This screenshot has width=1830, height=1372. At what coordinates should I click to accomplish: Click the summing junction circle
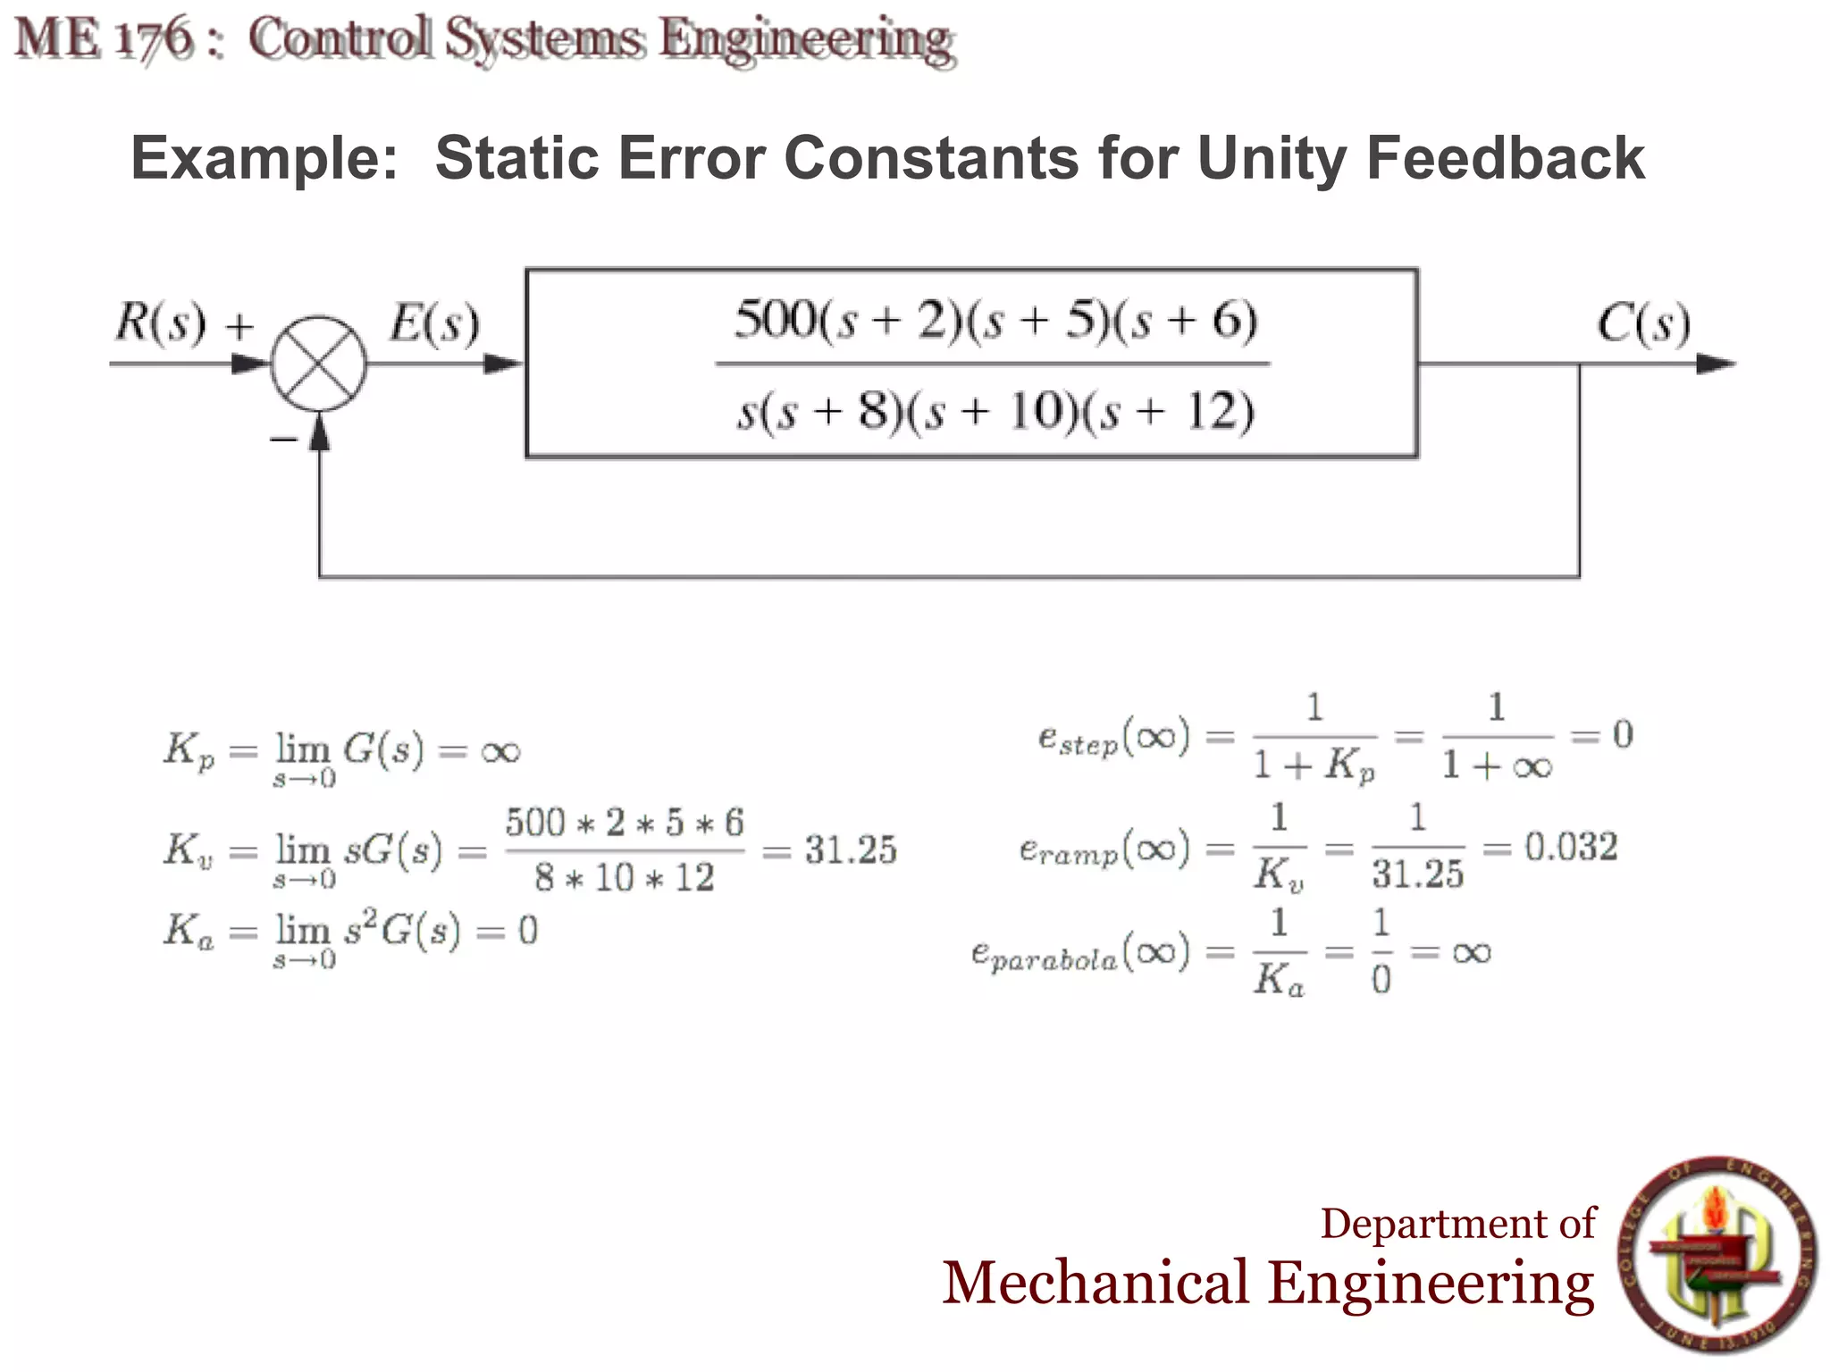click(x=318, y=364)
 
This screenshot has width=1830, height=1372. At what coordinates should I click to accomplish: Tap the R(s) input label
click(x=161, y=322)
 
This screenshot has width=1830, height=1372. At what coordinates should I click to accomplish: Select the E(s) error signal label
click(x=434, y=322)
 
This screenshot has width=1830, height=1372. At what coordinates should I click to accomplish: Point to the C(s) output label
click(x=1643, y=322)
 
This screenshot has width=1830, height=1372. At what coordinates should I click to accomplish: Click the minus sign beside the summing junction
click(x=283, y=439)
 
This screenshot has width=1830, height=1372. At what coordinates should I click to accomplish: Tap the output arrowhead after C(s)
click(x=1715, y=364)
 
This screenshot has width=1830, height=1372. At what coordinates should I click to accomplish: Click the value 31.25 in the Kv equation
click(x=850, y=849)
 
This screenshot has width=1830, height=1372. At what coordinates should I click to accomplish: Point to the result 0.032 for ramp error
click(x=1571, y=847)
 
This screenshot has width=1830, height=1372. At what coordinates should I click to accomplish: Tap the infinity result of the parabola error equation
click(x=1472, y=952)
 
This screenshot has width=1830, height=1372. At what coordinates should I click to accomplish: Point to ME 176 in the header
click(x=105, y=39)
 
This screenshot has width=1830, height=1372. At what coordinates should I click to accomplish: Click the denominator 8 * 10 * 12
click(x=625, y=878)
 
